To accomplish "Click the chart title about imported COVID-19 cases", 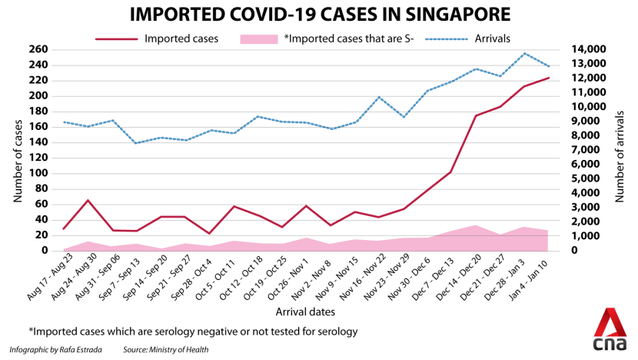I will coord(318,15).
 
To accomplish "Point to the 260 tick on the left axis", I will coord(38,49).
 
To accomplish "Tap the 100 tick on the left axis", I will coord(38,173).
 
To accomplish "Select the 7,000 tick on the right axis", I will coord(587,149).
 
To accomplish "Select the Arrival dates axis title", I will coord(305,312).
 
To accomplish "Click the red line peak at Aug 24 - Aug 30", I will coord(88,200).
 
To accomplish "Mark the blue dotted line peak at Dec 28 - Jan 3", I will coord(524,53).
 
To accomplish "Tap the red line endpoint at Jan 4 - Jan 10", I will coord(548,78).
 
